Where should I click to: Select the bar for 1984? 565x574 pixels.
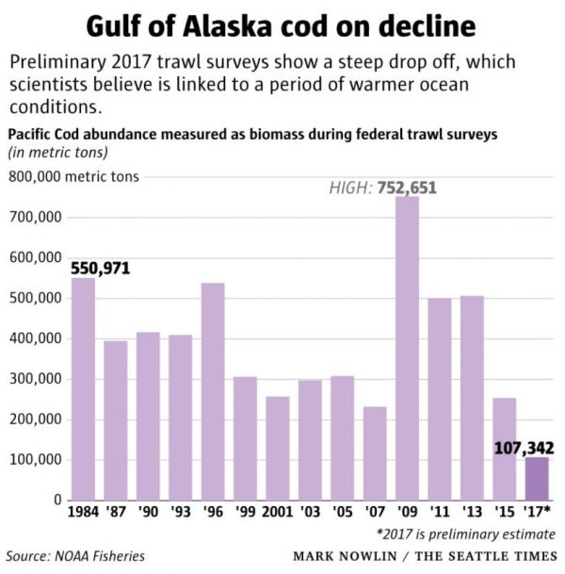click(x=83, y=388)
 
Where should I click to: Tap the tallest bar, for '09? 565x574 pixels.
click(x=407, y=349)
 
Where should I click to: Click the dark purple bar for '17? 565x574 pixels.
click(x=536, y=479)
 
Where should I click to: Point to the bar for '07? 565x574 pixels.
click(x=375, y=453)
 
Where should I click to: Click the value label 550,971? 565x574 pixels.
click(x=100, y=269)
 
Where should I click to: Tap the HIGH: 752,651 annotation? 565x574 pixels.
click(x=382, y=189)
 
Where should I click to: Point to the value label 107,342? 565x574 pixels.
click(x=524, y=448)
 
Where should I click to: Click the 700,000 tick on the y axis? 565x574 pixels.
click(x=35, y=218)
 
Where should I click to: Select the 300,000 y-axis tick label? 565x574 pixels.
click(x=35, y=379)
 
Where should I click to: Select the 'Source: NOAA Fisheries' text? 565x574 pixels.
click(x=76, y=556)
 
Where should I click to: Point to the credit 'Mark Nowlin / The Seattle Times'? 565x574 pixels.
click(x=426, y=556)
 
